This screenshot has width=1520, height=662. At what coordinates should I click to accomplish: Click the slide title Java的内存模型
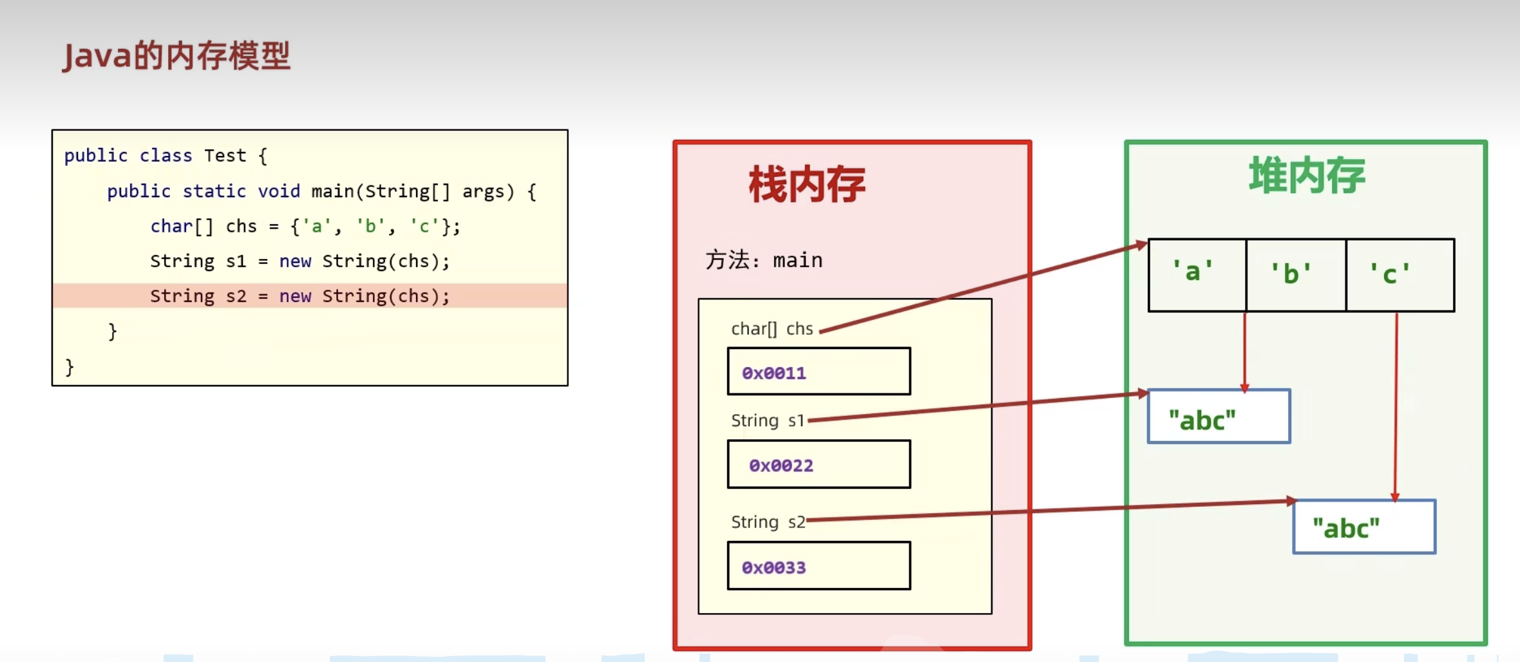point(176,56)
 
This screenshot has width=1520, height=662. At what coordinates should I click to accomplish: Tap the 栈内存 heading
point(806,185)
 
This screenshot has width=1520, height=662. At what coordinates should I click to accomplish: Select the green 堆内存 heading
point(1306,175)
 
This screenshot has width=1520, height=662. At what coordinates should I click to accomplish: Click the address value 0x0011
point(774,373)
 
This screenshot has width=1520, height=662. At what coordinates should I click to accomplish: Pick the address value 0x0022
point(781,465)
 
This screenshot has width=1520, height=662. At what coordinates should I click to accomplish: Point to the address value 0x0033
point(774,567)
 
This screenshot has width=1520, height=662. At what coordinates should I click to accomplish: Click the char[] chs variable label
point(772,329)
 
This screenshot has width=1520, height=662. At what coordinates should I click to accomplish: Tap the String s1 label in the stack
point(767,421)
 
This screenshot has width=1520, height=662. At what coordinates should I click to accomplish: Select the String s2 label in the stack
point(768,522)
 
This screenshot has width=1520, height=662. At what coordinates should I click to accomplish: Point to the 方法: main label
point(764,260)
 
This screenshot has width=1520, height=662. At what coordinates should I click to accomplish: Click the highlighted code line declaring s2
point(299,296)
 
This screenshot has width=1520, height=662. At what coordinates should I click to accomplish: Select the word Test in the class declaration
point(225,156)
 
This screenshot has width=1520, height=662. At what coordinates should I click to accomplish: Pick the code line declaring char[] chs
point(305,227)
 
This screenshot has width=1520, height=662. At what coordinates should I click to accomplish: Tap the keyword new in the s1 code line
point(295,261)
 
